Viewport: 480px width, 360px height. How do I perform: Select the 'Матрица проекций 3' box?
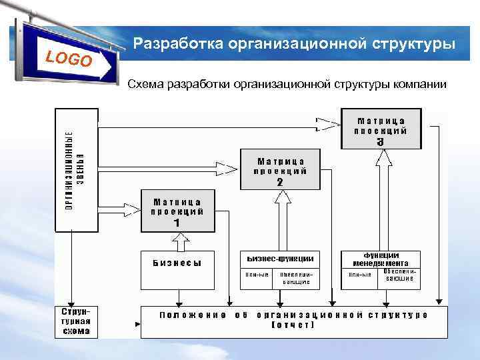pos(381,128)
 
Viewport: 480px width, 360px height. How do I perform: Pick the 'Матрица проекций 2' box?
pos(281,169)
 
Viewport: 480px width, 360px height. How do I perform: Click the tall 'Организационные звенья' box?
pos(75,170)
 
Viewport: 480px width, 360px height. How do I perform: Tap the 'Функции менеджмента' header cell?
pos(381,259)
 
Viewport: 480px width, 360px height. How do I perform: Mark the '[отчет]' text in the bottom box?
pos(293,325)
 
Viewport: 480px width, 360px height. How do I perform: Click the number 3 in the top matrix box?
pos(381,141)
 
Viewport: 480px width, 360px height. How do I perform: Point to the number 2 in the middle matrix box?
pos(280,181)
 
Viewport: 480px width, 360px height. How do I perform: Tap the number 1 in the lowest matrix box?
pos(177,223)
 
